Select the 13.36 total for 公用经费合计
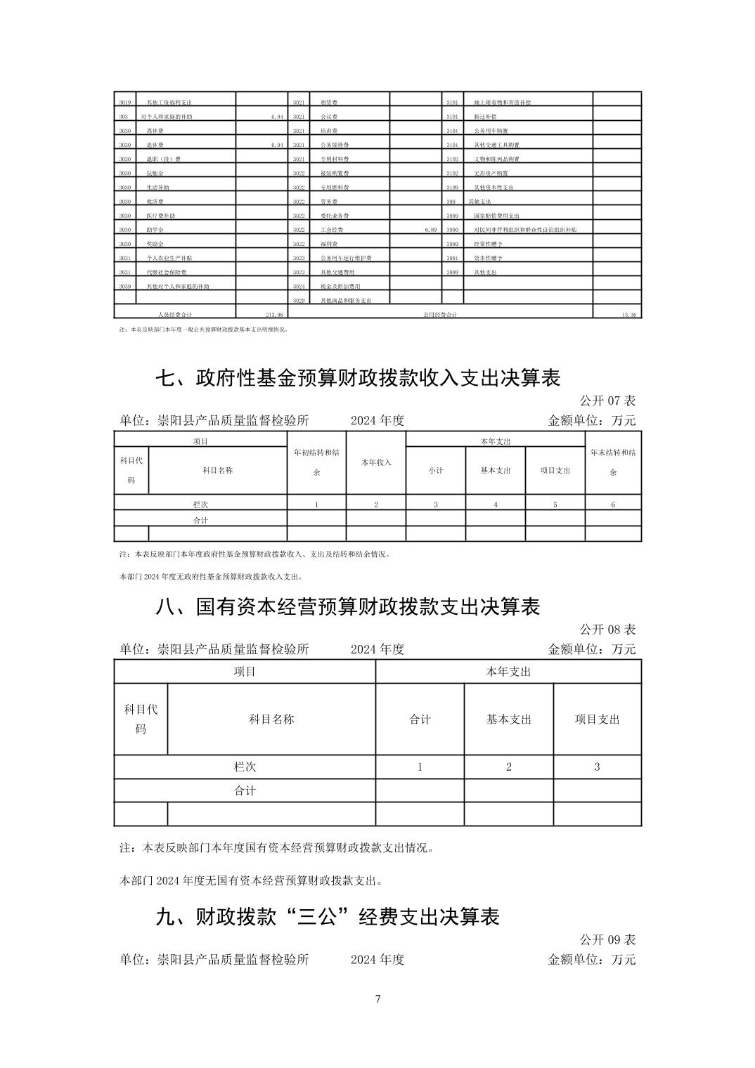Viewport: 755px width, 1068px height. click(x=628, y=315)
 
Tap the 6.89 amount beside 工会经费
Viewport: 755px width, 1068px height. click(x=430, y=230)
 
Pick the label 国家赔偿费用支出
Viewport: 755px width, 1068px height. click(x=496, y=216)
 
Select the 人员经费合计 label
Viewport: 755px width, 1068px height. click(x=174, y=315)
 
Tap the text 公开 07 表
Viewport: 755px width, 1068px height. click(x=607, y=400)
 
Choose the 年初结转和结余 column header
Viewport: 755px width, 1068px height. click(x=316, y=462)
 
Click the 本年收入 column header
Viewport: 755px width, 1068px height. click(x=376, y=462)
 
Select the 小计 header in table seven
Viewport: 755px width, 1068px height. click(x=436, y=470)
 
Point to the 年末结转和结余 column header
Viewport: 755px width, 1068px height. click(x=613, y=462)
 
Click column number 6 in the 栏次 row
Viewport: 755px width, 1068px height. click(x=613, y=504)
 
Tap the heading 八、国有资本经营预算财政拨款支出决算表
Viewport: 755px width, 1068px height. click(x=347, y=606)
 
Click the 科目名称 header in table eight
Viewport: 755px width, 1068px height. click(x=271, y=719)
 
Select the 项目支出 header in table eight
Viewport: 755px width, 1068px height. click(x=597, y=719)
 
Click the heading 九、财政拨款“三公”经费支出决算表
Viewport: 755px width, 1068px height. click(x=327, y=917)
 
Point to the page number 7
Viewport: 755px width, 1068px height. click(x=378, y=998)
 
